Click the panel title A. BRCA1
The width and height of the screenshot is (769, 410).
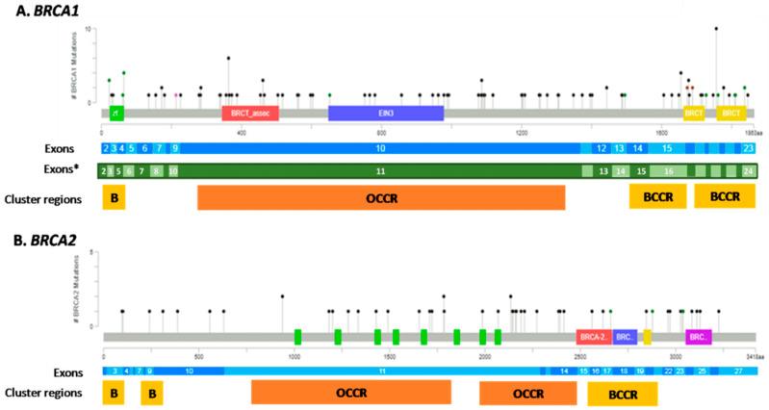click(38, 11)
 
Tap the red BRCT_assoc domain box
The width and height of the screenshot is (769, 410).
click(250, 113)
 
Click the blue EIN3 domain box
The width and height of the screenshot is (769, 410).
click(385, 113)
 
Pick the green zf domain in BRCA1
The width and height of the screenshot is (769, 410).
click(115, 113)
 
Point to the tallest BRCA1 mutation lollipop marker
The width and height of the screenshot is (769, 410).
click(716, 29)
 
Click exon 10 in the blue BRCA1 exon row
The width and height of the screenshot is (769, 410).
click(380, 148)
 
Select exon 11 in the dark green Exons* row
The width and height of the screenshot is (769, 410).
click(380, 170)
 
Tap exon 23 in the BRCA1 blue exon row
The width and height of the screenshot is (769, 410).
click(749, 148)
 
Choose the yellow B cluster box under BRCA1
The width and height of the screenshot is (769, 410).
click(115, 197)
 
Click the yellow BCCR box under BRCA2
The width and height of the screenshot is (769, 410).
click(622, 395)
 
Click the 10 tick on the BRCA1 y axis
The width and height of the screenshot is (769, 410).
click(89, 30)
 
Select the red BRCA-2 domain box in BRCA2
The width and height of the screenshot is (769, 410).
click(593, 337)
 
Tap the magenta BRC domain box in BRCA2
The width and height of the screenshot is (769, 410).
click(699, 337)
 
